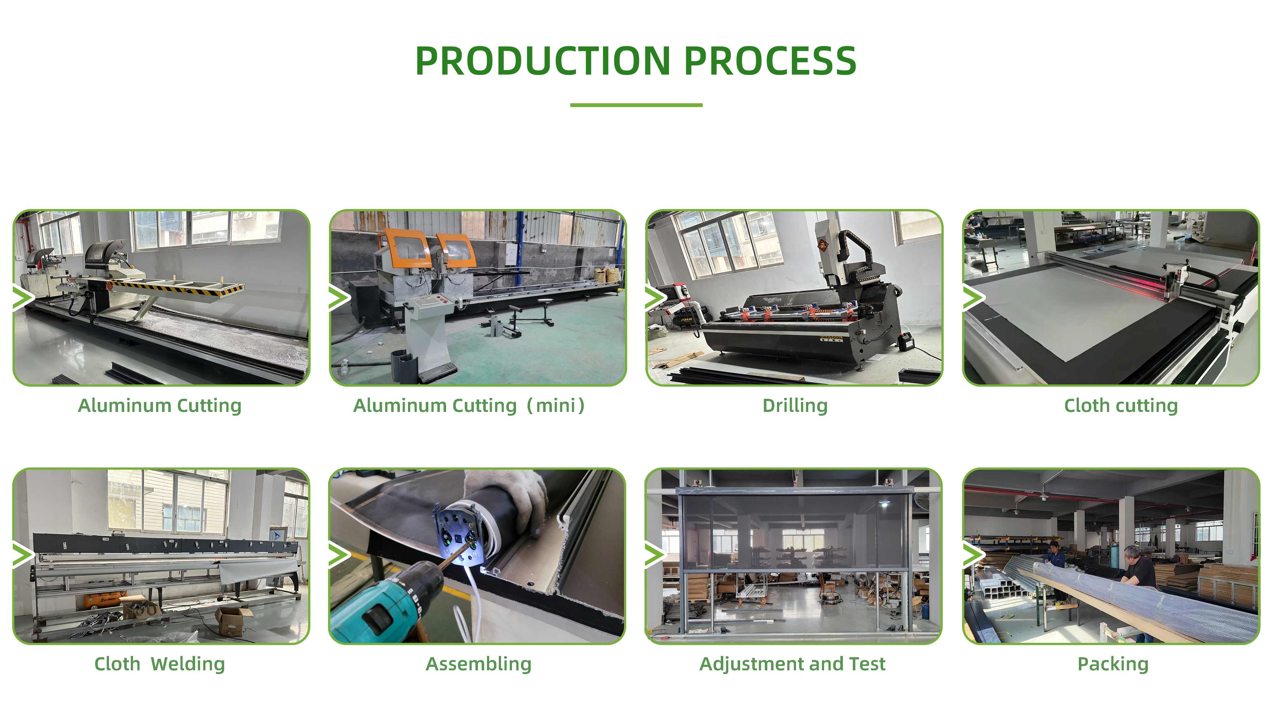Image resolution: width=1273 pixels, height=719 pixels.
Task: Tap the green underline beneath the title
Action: pyautogui.click(x=636, y=105)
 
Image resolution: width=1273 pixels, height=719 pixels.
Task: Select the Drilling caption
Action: pyautogui.click(x=795, y=406)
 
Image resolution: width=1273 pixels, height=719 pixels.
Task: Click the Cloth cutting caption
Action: pyautogui.click(x=1121, y=406)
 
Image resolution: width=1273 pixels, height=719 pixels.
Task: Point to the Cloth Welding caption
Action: pyautogui.click(x=160, y=664)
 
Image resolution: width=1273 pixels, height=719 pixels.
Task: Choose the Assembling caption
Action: pyautogui.click(x=478, y=664)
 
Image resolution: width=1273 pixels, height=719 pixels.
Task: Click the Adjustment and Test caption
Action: pyautogui.click(x=792, y=664)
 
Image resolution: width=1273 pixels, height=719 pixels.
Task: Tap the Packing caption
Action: pyautogui.click(x=1113, y=664)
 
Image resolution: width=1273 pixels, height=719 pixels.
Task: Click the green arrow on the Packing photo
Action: pyautogui.click(x=974, y=555)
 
